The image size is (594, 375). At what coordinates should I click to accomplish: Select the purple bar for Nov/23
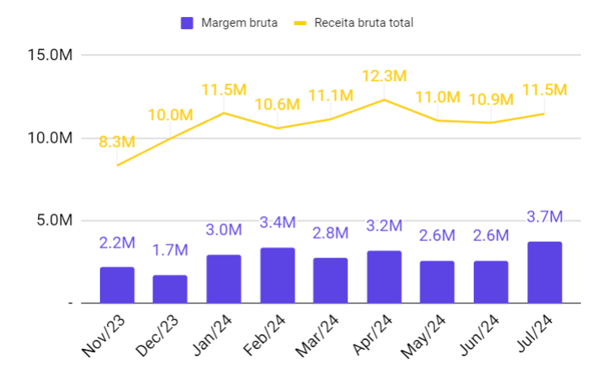point(117,285)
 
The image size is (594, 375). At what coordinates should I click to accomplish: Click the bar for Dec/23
point(170,289)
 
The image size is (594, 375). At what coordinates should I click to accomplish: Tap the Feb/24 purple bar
point(277,275)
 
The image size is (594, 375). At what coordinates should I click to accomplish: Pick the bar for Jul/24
point(544,272)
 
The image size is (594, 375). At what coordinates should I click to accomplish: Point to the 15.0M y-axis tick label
point(49,55)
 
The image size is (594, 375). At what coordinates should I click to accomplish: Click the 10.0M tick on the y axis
point(49,138)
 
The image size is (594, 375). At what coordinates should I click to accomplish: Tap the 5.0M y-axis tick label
point(54,220)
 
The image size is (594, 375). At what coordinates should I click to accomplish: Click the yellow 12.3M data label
point(383,76)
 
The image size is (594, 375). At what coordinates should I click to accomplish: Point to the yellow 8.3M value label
point(117,142)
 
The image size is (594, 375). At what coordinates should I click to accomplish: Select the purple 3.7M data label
point(544,217)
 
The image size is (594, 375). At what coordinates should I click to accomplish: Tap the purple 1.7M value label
point(170,251)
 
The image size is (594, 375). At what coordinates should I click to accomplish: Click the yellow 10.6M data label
point(277,105)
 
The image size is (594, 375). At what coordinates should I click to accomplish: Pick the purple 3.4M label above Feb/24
point(277,222)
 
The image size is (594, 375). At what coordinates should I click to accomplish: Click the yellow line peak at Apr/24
point(384,100)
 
